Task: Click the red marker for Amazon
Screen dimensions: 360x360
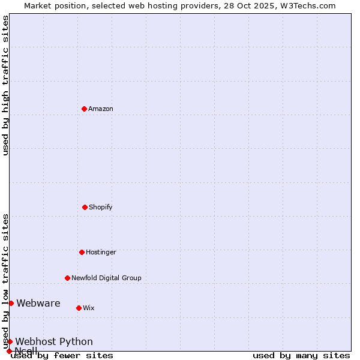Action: [84, 109]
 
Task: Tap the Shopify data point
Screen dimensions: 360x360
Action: [85, 207]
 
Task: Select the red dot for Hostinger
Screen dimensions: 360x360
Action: [82, 252]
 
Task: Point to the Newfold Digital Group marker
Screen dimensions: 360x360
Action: [67, 278]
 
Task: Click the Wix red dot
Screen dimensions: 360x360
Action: [79, 308]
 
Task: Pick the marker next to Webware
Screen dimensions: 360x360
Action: [11, 303]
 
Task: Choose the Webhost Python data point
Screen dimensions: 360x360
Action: [10, 341]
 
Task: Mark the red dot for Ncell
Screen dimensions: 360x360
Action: [9, 351]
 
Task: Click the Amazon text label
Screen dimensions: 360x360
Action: [101, 109]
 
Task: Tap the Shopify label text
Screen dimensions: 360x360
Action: [101, 207]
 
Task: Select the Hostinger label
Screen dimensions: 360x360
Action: [101, 252]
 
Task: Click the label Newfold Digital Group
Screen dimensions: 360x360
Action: [106, 278]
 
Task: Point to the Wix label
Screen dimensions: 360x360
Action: [89, 308]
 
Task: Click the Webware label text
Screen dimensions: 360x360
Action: [38, 303]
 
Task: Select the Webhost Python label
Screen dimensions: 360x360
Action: [54, 341]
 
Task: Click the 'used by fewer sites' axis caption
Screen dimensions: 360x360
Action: [62, 356]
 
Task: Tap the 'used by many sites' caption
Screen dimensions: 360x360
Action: [301, 356]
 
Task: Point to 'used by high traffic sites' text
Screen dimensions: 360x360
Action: [5, 85]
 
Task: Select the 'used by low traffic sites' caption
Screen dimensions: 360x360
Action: [5, 281]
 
